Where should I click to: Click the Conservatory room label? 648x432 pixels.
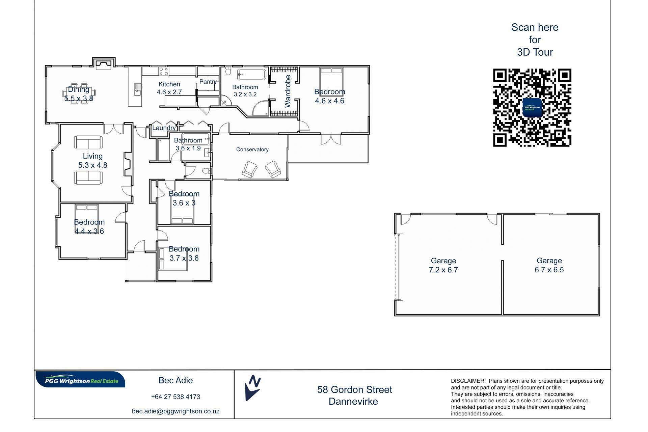252,150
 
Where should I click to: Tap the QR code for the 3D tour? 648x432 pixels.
532,108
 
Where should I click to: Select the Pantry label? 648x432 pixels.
208,82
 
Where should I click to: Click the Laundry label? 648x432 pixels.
164,128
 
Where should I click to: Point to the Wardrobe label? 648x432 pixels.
288,91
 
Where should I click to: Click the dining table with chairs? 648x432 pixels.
79,93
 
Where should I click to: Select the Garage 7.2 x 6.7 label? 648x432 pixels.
443,265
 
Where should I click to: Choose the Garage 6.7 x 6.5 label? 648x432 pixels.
549,265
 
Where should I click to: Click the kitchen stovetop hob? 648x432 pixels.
164,71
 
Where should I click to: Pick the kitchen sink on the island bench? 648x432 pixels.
137,90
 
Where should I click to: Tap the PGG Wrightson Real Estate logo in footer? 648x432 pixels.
80,380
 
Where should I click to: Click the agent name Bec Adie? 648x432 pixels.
175,380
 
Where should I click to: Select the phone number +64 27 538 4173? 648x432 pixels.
175,397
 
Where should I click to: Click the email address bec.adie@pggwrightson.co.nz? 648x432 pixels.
175,411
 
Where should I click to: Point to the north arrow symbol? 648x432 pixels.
252,388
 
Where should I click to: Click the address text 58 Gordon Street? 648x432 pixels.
355,390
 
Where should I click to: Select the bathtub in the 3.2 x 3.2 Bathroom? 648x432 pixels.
252,74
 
